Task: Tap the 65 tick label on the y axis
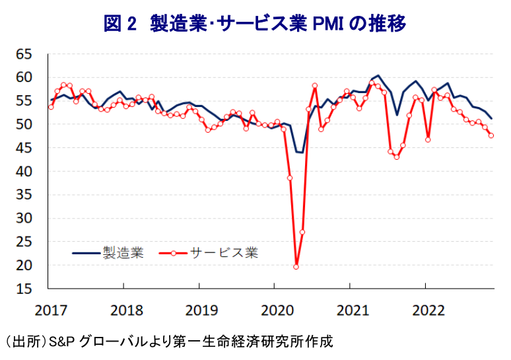tap(24, 54)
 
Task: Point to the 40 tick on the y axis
tap(24, 171)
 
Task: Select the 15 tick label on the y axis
tap(24, 289)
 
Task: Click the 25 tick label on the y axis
tap(24, 242)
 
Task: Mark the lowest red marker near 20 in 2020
tap(296, 266)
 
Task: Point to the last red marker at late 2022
tap(491, 135)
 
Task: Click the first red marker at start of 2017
tap(51, 106)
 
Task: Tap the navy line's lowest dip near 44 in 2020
tap(299, 153)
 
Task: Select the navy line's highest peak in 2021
tap(377, 76)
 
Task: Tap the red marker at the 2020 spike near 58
tap(315, 86)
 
